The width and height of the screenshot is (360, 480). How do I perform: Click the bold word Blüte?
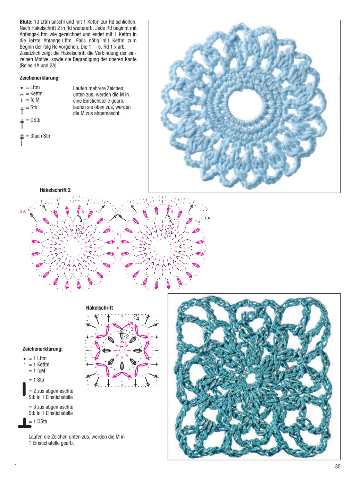(26, 22)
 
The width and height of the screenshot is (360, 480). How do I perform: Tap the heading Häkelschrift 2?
(55, 190)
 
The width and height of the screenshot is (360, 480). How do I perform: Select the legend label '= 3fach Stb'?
(38, 136)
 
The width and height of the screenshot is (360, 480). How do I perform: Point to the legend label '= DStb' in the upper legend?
(33, 120)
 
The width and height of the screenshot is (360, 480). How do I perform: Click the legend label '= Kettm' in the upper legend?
(34, 94)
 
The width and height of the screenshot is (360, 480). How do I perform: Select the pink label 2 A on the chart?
(23, 211)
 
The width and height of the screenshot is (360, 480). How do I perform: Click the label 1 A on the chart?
(207, 218)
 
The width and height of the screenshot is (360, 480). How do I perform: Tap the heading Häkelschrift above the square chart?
(100, 308)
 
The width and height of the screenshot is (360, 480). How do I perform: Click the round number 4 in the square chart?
(137, 319)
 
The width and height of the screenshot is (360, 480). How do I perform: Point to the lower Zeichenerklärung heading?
(42, 349)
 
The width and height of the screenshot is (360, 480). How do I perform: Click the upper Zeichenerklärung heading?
(40, 78)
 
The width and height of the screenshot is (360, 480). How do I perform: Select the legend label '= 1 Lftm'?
(37, 358)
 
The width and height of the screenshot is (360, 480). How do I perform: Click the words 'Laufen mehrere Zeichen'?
(98, 89)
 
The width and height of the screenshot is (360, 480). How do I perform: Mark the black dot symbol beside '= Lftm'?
(22, 88)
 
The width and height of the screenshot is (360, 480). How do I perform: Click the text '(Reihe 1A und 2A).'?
(39, 66)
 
